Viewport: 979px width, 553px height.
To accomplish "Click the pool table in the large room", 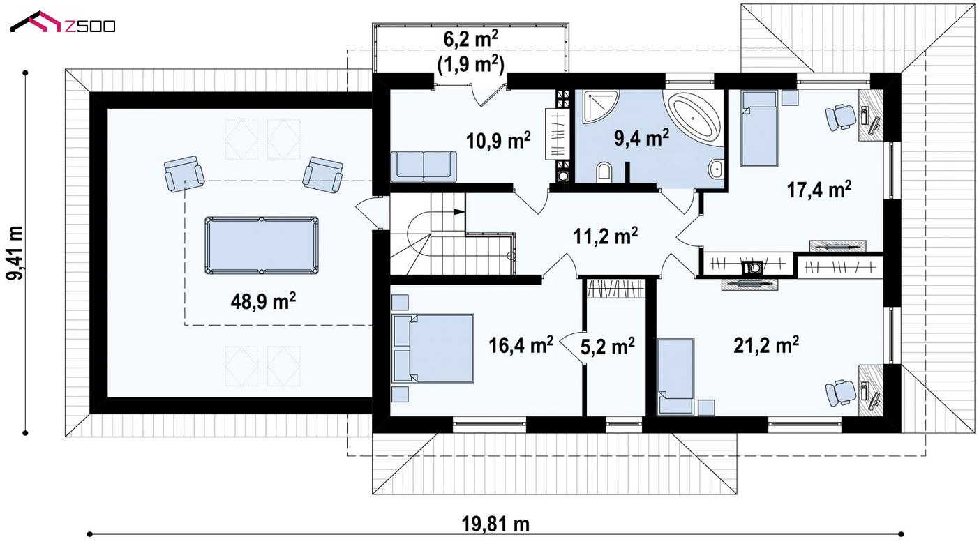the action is [262, 245].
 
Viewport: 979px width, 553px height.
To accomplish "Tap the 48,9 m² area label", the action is [263, 301].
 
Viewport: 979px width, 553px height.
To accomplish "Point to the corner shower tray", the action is [598, 106].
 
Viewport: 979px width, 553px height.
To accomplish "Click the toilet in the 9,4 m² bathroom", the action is [604, 172].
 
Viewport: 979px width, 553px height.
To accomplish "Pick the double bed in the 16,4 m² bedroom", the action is [433, 348].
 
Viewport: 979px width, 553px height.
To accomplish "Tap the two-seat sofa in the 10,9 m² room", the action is [424, 167].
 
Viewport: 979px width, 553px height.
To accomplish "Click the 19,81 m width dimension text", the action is [495, 524].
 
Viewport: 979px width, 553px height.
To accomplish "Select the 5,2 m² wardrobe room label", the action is [608, 347].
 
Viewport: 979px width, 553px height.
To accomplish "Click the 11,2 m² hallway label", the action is [605, 236].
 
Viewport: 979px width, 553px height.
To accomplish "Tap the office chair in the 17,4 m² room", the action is [840, 116].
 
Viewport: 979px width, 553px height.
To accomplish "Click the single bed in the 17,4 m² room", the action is [760, 128].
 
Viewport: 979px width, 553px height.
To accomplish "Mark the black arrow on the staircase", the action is [459, 212].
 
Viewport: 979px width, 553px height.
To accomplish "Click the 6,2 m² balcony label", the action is [471, 38].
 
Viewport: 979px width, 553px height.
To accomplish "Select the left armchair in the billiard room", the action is [184, 174].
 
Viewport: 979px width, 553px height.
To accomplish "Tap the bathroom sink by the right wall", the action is [716, 169].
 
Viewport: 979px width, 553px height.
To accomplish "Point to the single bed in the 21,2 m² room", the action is [675, 376].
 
